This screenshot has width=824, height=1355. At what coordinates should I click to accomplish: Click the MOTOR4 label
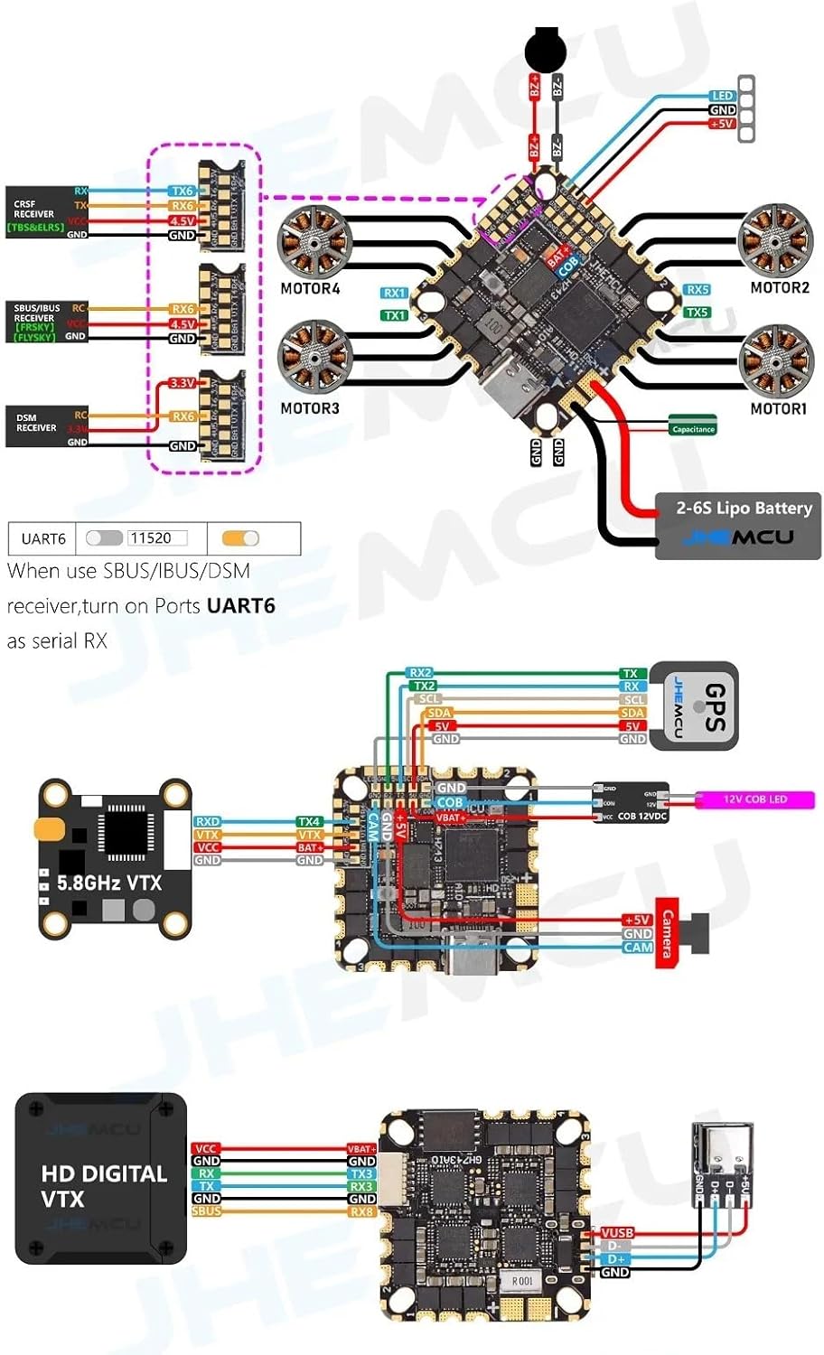310,289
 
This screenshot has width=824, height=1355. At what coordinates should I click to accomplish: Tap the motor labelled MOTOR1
776,360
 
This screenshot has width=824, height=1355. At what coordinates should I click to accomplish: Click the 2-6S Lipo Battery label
744,508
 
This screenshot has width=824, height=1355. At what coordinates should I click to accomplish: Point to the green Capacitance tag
693,429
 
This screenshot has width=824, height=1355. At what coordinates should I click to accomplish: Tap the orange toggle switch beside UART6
240,538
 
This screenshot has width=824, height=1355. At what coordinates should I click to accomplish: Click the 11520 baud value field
157,538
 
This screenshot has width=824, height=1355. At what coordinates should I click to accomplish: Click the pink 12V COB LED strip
754,799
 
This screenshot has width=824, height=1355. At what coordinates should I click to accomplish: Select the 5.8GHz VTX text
109,883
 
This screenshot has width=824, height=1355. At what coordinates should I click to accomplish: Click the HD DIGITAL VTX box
101,1178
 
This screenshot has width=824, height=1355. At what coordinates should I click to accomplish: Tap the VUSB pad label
617,1233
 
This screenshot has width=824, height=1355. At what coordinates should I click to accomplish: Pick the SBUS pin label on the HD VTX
206,1211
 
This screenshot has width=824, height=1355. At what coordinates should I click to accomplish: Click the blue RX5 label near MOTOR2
697,290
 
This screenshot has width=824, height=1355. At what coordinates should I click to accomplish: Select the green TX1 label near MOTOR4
394,315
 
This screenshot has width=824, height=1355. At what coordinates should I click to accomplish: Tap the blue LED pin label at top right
722,96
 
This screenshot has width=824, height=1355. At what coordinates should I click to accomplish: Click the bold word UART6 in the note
240,606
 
